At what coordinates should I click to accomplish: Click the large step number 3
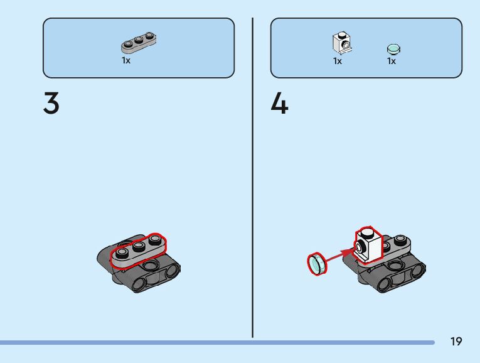coord(51,104)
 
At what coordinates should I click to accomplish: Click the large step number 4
coord(279,104)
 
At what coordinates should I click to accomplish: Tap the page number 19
coord(456,342)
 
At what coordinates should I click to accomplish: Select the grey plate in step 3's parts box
coord(139,43)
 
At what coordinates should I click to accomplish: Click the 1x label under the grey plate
coord(126,61)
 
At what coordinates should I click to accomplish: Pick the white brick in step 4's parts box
coord(341,42)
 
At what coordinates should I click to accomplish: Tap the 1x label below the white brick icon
coord(338,61)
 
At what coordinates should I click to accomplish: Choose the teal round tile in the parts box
coord(393,48)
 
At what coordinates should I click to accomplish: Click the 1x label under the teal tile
coord(392,61)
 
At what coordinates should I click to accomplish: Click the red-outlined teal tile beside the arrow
coord(317,264)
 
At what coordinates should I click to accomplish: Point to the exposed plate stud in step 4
coord(399,239)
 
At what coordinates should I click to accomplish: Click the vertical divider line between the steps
coord(253,176)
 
